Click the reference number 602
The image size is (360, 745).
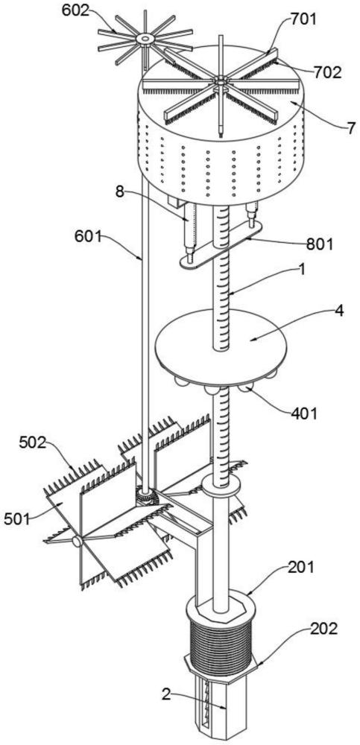click(75, 11)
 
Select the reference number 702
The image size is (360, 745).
click(326, 72)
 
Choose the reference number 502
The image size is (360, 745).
click(33, 443)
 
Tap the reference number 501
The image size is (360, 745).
click(17, 519)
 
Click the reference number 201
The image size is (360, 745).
click(300, 567)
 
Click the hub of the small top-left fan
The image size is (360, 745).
click(143, 39)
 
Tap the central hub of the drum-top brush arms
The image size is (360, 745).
click(220, 82)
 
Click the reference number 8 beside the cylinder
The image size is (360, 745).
click(119, 192)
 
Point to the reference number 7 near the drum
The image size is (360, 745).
click(350, 128)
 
